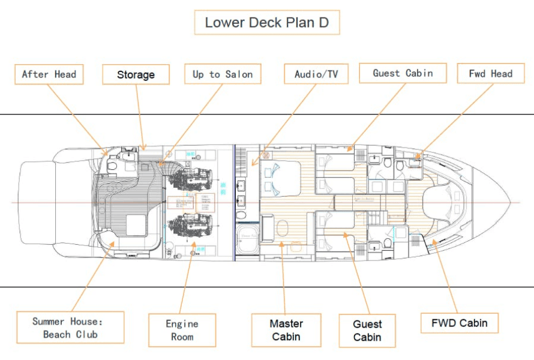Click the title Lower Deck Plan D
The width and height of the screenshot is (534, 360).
266,23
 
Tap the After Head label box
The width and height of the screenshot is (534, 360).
49,74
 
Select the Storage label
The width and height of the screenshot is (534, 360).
136,74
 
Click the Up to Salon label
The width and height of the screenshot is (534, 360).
223,74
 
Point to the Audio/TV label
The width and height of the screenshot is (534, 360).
316,74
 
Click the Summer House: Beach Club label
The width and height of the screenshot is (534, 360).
70,328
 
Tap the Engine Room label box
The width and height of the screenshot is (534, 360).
182,330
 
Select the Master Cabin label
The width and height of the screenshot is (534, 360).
286,330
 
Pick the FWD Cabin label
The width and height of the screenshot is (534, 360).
460,323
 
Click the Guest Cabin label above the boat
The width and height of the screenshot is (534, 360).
403,73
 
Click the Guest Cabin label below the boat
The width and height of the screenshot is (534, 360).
367,330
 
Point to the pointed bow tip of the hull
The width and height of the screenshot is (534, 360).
509,202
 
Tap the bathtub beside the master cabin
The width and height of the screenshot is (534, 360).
247,240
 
